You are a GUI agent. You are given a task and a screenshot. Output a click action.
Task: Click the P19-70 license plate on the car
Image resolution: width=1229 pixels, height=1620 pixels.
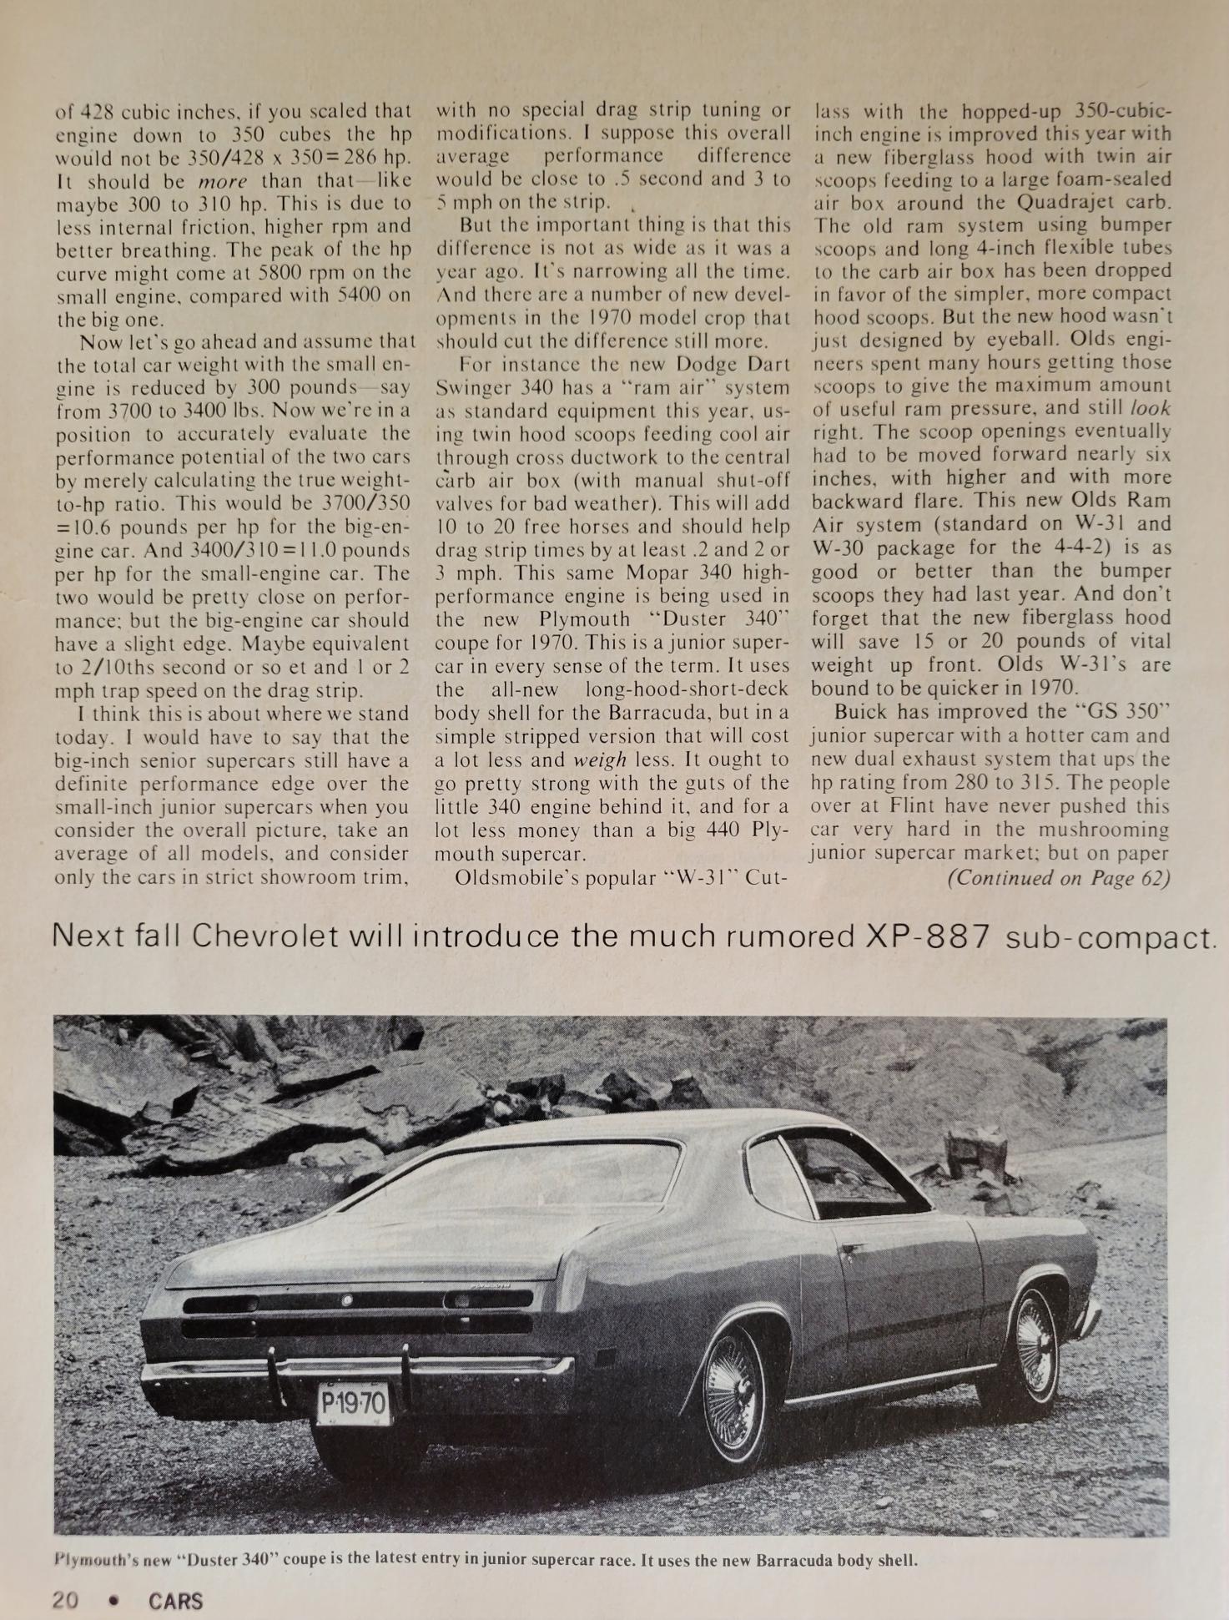pyautogui.click(x=354, y=1405)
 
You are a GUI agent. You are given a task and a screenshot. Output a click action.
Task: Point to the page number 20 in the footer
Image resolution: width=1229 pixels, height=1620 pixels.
pyautogui.click(x=66, y=1599)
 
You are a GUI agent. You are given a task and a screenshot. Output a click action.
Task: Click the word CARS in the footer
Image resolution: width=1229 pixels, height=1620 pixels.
pyautogui.click(x=176, y=1601)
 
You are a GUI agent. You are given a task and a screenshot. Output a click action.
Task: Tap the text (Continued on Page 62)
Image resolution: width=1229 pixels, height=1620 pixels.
pyautogui.click(x=1059, y=878)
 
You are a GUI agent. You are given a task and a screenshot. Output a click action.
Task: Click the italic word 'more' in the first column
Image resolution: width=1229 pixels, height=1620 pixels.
pyautogui.click(x=223, y=181)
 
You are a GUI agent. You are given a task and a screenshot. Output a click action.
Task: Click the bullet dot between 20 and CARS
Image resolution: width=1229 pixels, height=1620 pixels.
pyautogui.click(x=113, y=1600)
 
